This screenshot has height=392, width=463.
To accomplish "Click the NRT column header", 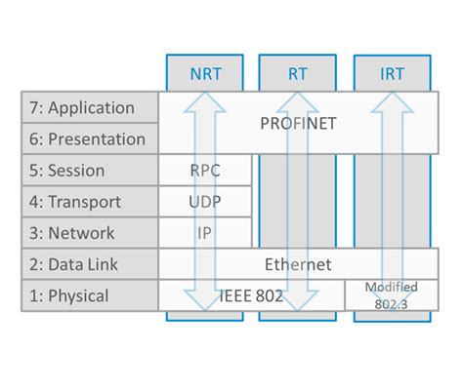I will [205, 73].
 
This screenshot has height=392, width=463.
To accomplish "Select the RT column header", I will [300, 73].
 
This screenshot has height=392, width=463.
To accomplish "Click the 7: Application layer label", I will [89, 107].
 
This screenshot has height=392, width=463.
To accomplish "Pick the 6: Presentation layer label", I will [89, 138].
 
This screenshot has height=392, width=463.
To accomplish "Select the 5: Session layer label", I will [89, 170].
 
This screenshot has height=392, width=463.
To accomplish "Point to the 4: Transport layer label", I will [89, 202].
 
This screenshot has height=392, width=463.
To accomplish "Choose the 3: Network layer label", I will [89, 233].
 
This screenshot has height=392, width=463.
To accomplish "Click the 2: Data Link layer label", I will [89, 264].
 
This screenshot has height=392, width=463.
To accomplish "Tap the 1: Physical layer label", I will [89, 295].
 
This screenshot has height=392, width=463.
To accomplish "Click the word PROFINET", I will [300, 123].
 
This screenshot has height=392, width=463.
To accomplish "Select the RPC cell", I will [205, 170].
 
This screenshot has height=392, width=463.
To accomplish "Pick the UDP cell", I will [205, 202].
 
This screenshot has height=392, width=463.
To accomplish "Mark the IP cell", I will [205, 233].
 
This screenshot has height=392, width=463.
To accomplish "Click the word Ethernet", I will [299, 264].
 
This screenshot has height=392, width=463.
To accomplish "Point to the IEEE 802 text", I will [251, 295].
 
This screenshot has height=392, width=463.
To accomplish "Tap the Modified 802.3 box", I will [391, 295].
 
